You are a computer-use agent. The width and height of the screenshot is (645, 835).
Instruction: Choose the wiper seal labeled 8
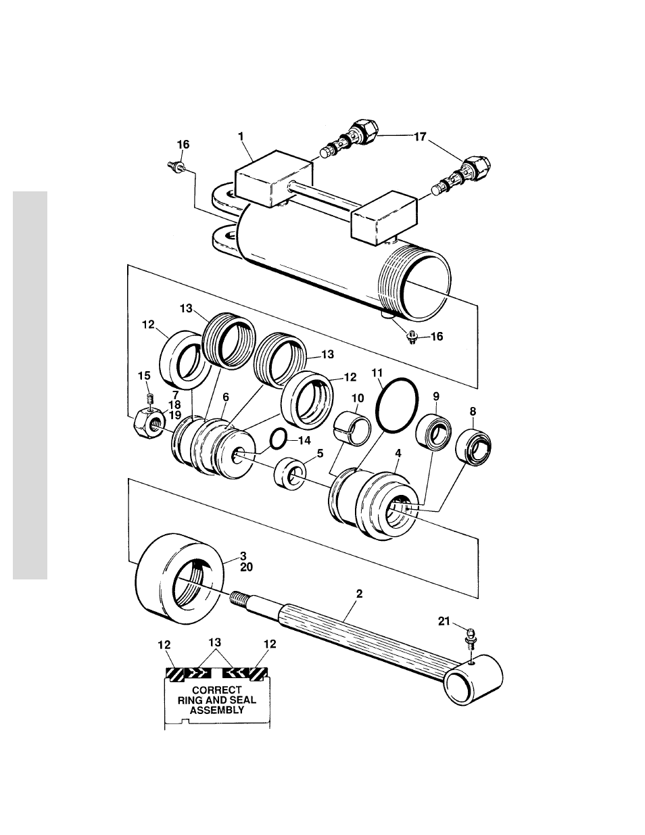click(473, 448)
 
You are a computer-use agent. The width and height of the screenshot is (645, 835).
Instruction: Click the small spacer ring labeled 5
click(290, 473)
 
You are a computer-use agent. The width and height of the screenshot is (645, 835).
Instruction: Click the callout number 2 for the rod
click(359, 594)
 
